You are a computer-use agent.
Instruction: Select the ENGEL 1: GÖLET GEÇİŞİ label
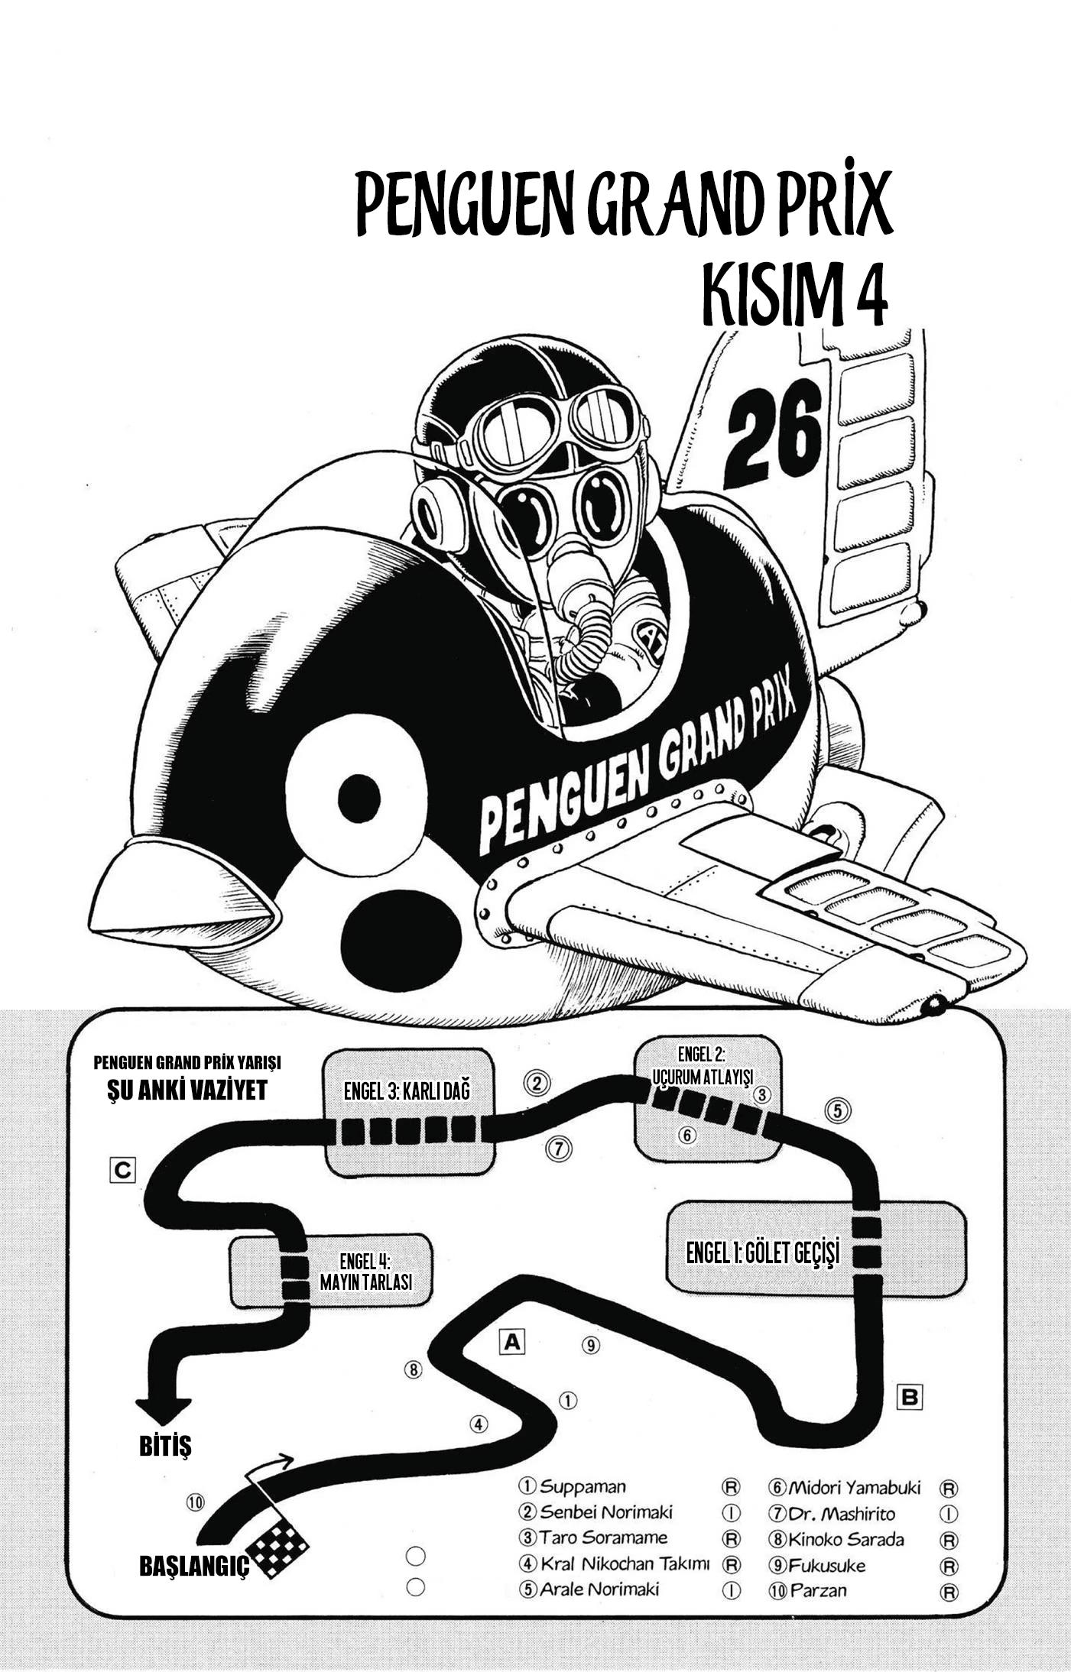(763, 1252)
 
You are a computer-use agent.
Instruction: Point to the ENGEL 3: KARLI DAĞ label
(407, 1091)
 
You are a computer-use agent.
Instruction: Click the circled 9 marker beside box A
(592, 1344)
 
